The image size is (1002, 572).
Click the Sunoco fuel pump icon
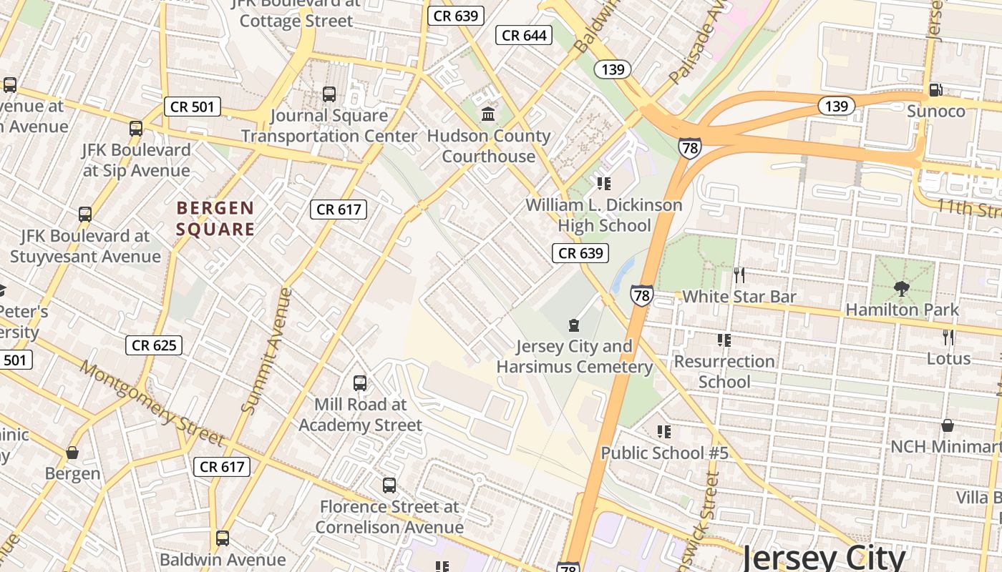(935, 90)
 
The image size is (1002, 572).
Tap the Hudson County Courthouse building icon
(489, 114)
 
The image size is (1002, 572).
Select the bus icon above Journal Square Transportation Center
(329, 94)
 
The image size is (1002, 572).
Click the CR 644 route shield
(524, 35)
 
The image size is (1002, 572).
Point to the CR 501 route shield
(192, 107)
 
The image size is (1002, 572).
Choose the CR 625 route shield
(154, 345)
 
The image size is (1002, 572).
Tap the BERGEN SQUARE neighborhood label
(215, 219)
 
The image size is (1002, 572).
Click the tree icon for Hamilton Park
(901, 289)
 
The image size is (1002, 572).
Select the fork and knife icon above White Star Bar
(739, 275)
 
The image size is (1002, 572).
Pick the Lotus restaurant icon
(948, 337)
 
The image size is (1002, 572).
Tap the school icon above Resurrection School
(724, 340)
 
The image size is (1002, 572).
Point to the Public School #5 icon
(664, 432)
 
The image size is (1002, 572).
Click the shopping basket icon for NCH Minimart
(948, 425)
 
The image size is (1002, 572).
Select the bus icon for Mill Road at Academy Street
(360, 383)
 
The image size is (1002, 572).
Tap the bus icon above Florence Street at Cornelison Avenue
(389, 485)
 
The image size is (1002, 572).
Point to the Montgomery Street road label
(152, 403)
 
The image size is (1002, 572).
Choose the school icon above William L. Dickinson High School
(604, 184)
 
